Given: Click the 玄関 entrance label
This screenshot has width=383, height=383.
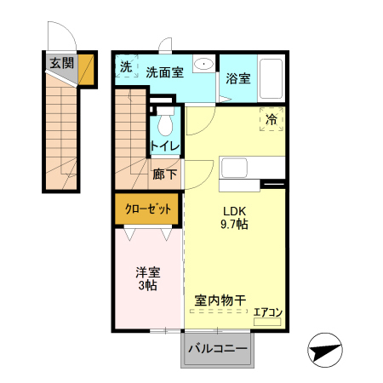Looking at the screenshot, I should coord(60,63).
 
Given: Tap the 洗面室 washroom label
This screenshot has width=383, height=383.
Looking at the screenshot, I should coord(164,72).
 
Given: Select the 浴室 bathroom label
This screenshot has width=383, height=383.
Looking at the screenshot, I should coord(238,79).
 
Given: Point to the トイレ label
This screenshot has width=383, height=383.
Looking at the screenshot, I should coord(165,146).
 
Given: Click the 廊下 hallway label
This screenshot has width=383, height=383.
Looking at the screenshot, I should coord(165,174).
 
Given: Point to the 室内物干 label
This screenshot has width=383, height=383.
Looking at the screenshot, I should coord(220,300).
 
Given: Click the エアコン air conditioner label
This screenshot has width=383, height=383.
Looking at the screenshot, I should coord(267,312).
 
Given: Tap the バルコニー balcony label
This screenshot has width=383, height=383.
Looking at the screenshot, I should coord(217,349).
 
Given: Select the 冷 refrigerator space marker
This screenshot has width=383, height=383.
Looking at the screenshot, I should coord(272,120).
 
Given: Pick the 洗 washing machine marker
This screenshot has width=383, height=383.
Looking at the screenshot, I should coord(126,67).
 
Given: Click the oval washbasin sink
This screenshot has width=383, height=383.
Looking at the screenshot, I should coord(204,65).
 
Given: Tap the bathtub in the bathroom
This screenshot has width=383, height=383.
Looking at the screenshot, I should coord(271,78).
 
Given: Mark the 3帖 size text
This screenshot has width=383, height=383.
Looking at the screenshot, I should coord(148,286).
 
